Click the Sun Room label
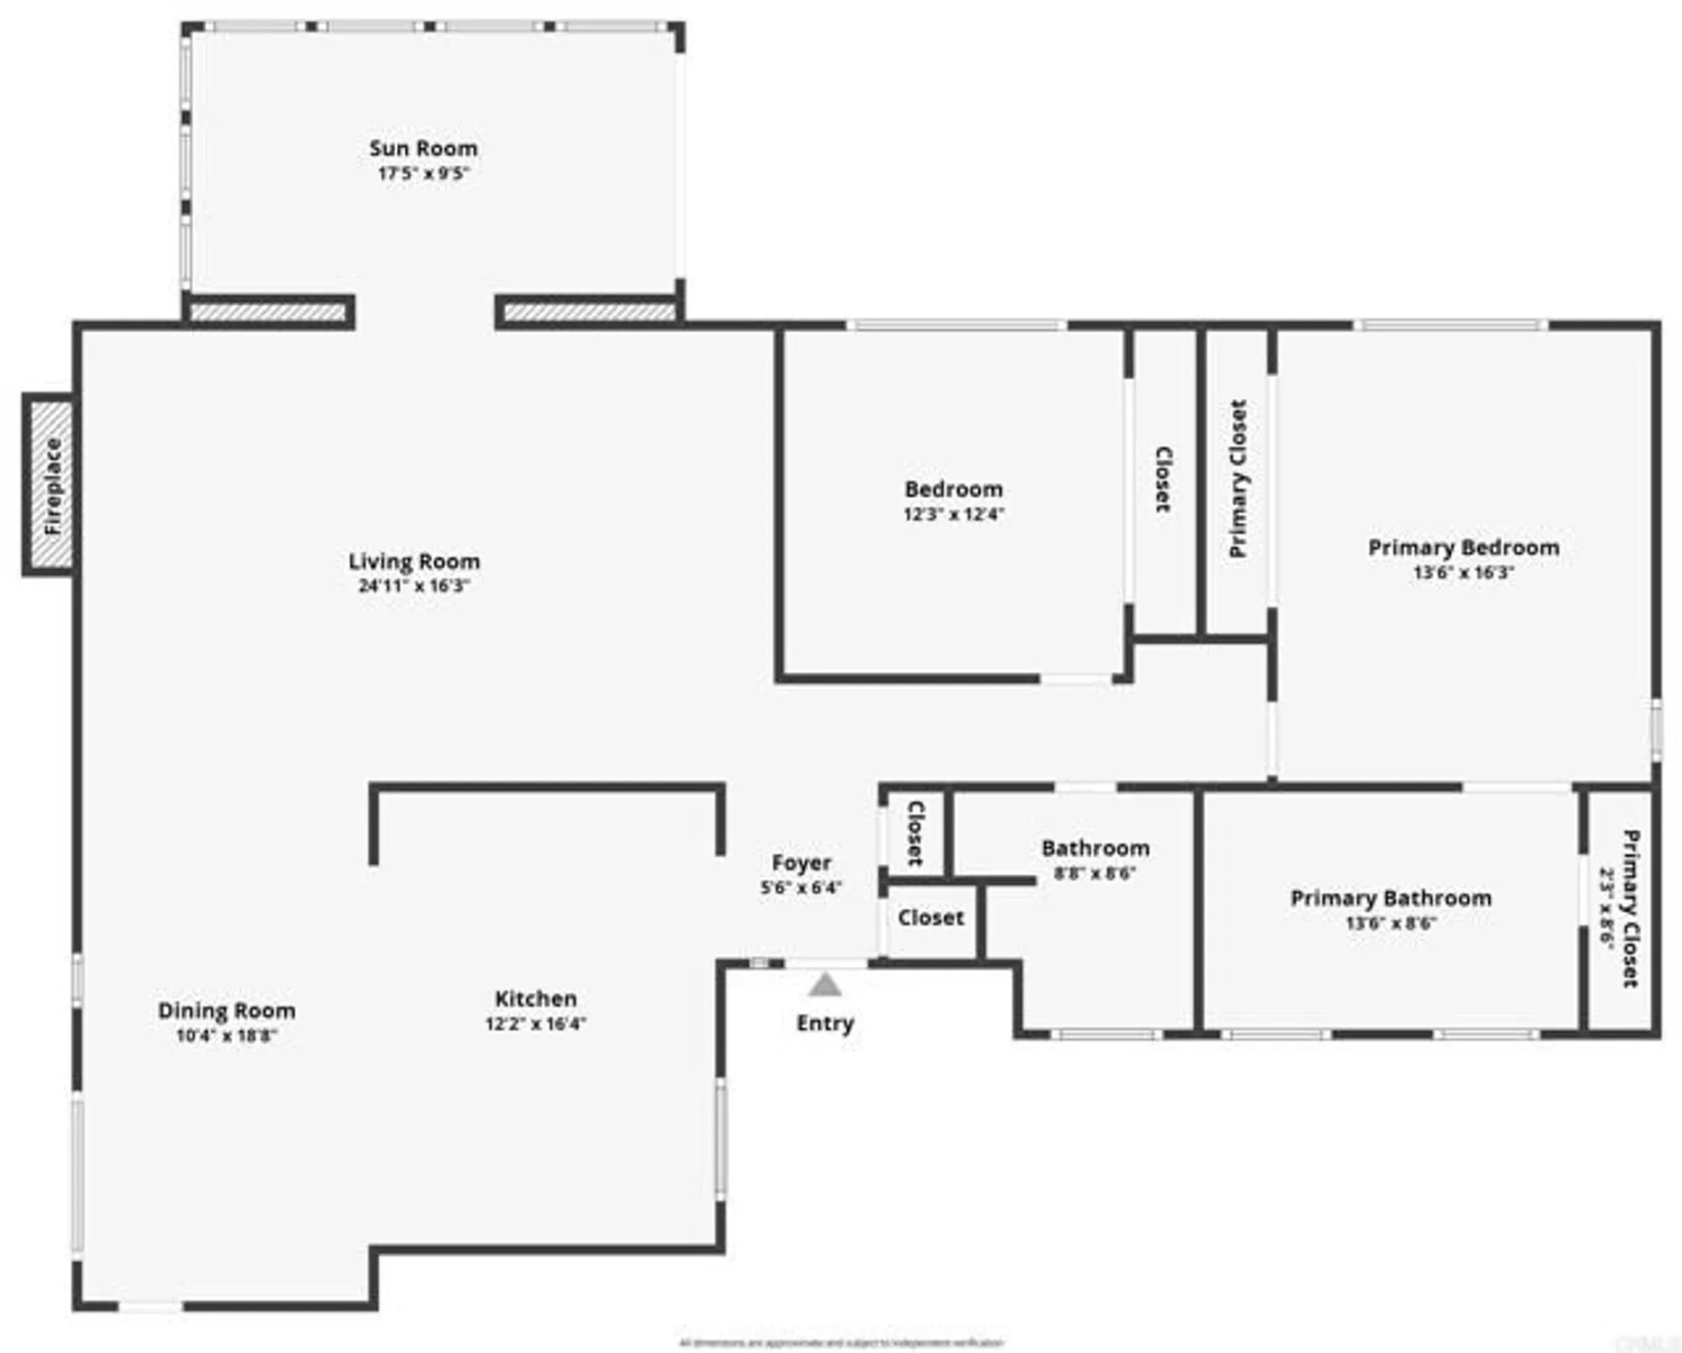423,149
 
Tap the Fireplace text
52,486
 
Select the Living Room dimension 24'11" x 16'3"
414,585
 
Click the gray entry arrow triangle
825,985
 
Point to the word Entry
825,1023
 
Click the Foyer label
801,863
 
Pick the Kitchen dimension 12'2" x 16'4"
536,1024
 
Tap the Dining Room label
226,1010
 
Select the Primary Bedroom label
1464,548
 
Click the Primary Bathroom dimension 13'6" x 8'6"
1391,923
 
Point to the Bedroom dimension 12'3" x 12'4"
954,514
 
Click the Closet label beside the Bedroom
1163,480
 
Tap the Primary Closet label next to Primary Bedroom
1238,479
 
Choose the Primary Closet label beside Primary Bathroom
1630,909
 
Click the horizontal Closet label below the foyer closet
930,917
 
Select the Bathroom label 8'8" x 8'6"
1095,849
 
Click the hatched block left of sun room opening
268,313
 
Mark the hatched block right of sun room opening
589,313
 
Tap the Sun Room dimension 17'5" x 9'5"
423,173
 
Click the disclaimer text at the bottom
841,1343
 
